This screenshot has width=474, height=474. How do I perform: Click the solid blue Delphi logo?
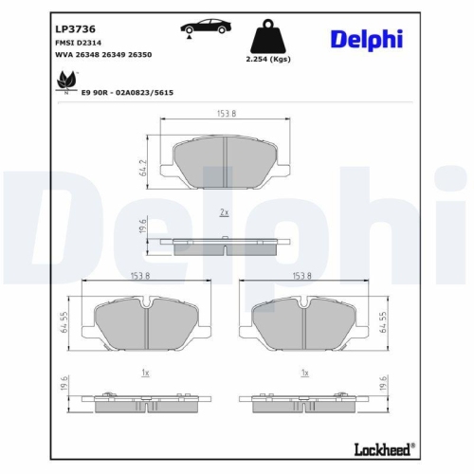366,38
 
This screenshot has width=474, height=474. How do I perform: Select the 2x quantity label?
224,213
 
